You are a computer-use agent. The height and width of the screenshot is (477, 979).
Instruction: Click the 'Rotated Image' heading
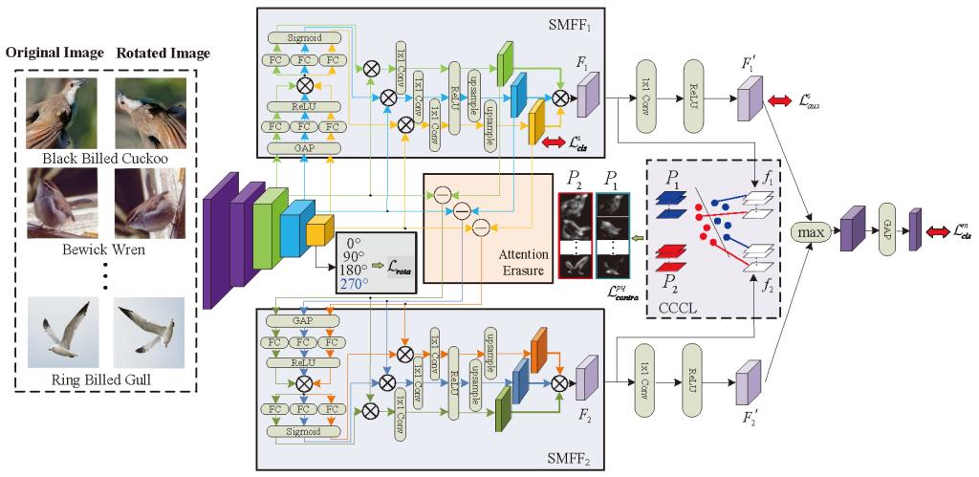point(163,52)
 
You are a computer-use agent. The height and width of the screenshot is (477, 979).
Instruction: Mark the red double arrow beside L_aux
point(780,101)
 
